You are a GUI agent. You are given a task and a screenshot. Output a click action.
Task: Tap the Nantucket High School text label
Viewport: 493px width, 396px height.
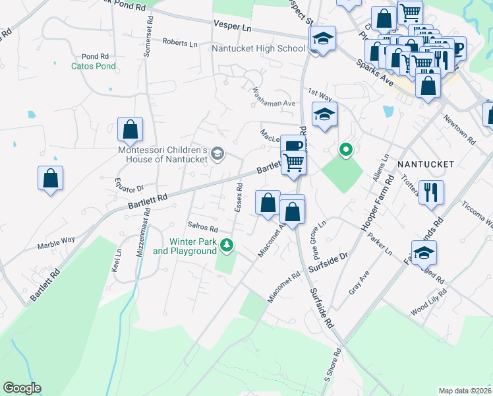(258, 48)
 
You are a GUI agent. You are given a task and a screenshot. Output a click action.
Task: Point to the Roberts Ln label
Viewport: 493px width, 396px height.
(180, 44)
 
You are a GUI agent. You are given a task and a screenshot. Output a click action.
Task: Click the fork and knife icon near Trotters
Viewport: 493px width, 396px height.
(431, 192)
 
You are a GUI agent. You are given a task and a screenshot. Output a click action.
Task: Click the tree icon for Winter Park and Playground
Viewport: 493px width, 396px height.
(227, 246)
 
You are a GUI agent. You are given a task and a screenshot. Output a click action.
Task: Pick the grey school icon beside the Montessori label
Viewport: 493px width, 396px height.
(217, 154)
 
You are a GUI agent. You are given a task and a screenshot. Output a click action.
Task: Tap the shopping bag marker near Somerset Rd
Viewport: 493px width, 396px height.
(130, 129)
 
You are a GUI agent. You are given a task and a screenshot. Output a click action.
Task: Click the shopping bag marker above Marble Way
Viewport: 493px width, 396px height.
(50, 178)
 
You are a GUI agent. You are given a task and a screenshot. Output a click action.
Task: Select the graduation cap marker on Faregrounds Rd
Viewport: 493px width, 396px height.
(424, 252)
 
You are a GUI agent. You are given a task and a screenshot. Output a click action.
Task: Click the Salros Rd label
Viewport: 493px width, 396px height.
(202, 226)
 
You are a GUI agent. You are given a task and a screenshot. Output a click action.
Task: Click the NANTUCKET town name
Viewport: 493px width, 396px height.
(426, 163)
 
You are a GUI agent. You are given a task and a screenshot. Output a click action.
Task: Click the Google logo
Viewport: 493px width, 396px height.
(22, 388)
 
